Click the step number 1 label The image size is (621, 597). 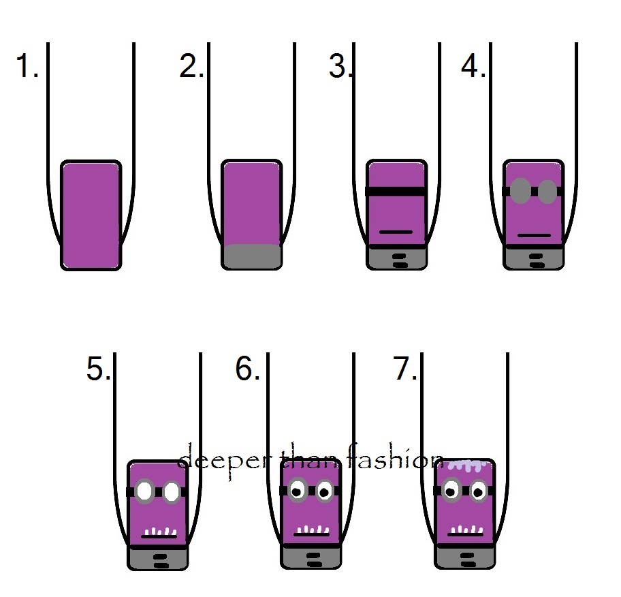[27, 67]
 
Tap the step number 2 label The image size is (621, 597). [191, 67]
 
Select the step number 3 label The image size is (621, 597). [340, 67]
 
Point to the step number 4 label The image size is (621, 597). [473, 67]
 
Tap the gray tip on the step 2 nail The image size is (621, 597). [252, 256]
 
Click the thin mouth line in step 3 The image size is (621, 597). [396, 232]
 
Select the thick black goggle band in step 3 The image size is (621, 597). [397, 191]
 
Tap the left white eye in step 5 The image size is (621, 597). [145, 491]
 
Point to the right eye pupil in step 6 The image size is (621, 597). [324, 489]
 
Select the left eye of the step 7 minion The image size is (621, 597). [450, 489]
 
